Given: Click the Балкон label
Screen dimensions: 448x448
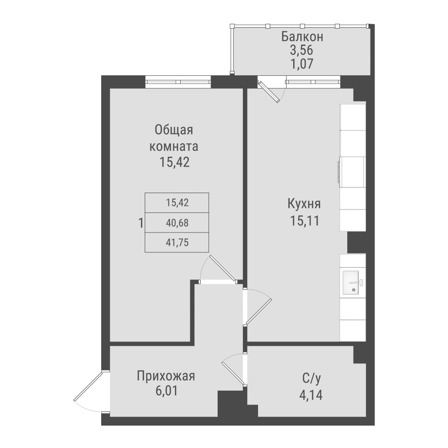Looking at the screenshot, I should pyautogui.click(x=302, y=37).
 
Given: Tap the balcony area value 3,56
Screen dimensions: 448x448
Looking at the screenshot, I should pyautogui.click(x=302, y=50).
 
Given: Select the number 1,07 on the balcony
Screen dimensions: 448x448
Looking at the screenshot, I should pyautogui.click(x=302, y=63).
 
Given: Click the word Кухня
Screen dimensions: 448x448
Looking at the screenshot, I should pyautogui.click(x=304, y=204).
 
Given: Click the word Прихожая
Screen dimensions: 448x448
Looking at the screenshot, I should pyautogui.click(x=166, y=375).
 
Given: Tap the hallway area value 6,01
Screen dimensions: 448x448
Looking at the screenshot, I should pyautogui.click(x=166, y=391).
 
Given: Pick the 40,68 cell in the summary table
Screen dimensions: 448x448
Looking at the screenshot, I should pyautogui.click(x=177, y=222).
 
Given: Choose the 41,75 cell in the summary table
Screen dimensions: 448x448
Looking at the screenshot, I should pyautogui.click(x=177, y=242).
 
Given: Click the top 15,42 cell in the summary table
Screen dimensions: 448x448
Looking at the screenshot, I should pyautogui.click(x=177, y=202).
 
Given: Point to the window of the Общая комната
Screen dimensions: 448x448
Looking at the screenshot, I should pyautogui.click(x=178, y=82).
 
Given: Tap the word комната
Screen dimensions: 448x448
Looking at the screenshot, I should pyautogui.click(x=174, y=146).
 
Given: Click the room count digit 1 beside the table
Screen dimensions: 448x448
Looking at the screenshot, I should pyautogui.click(x=141, y=223).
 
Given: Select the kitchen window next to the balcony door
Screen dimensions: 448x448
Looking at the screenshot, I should pyautogui.click(x=313, y=82).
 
